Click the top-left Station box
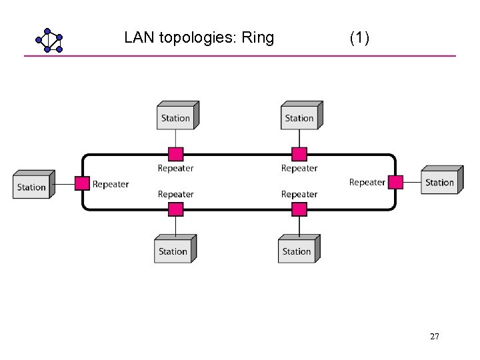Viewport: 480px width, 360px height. (x=176, y=117)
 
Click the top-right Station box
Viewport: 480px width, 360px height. (x=299, y=117)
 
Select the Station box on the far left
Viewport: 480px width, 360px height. (x=32, y=186)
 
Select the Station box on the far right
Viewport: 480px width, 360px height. (x=440, y=182)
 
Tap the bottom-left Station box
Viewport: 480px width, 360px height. (x=173, y=251)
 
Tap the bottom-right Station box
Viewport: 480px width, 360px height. (x=297, y=251)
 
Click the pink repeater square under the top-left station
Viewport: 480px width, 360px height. (x=175, y=155)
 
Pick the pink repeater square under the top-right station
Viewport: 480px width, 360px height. (x=299, y=155)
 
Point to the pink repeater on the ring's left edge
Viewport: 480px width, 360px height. (x=82, y=183)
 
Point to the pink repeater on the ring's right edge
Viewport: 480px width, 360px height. (x=396, y=182)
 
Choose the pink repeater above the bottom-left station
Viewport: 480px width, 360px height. (x=175, y=209)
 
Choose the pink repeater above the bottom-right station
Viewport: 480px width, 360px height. (x=299, y=209)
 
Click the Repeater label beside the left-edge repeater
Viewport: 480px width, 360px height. (x=111, y=184)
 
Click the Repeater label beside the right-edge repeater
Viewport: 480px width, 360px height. (x=367, y=182)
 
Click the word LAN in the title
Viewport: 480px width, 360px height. (x=139, y=37)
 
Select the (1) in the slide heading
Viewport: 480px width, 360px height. (x=359, y=37)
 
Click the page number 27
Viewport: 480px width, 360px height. (x=435, y=337)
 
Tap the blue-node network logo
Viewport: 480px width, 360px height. (x=49, y=40)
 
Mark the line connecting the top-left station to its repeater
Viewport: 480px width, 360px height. (x=175, y=139)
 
